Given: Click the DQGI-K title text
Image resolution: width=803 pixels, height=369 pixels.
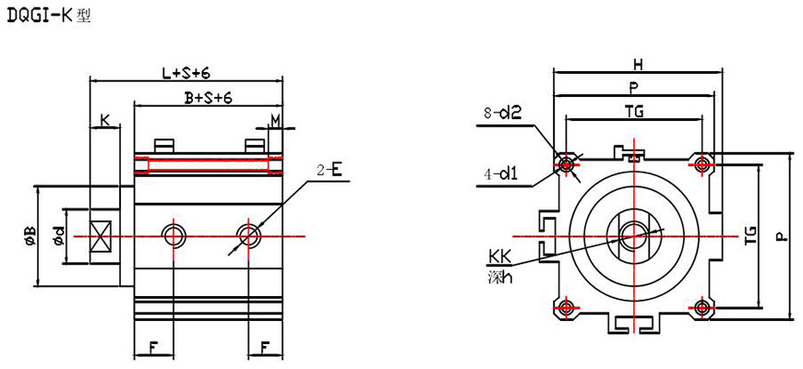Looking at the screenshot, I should pos(47,16).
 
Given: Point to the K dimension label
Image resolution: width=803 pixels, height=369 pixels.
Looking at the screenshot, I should pos(105,120).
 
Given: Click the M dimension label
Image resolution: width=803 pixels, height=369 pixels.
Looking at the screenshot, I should pos(275,120).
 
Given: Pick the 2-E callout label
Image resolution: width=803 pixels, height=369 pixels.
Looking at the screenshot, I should pos(330,170).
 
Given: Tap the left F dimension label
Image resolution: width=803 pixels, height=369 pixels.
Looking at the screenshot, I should pos(151,350).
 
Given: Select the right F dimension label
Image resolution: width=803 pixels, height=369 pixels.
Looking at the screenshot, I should pos(266,350).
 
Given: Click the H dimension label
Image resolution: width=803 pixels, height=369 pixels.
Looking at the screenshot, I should pos(637,65).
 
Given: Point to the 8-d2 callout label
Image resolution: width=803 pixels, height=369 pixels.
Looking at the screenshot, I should pos(503,113).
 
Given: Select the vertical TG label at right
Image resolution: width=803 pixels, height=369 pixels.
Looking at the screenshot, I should pos(749,235).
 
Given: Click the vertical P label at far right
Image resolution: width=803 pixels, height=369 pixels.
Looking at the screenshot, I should pos(781,236).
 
